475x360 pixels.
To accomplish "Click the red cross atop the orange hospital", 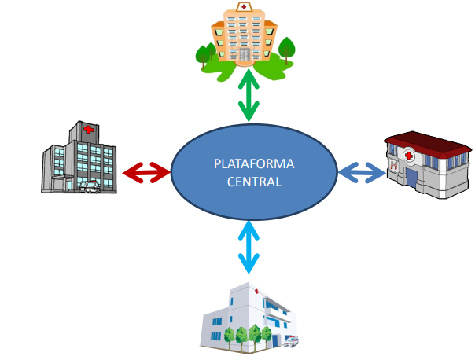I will pyautogui.click(x=245, y=7).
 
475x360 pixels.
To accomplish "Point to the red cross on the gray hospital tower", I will pyautogui.click(x=88, y=130).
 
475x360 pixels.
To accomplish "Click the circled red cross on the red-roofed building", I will pyautogui.click(x=410, y=156).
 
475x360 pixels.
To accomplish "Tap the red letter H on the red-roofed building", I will pyautogui.click(x=392, y=165).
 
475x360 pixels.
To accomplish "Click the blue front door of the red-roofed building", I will pyautogui.click(x=411, y=178).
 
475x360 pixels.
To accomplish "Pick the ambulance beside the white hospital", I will pyautogui.click(x=292, y=341).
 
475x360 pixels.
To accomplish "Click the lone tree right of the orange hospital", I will pyautogui.click(x=288, y=49).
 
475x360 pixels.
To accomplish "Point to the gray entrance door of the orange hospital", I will pyautogui.click(x=245, y=53).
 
